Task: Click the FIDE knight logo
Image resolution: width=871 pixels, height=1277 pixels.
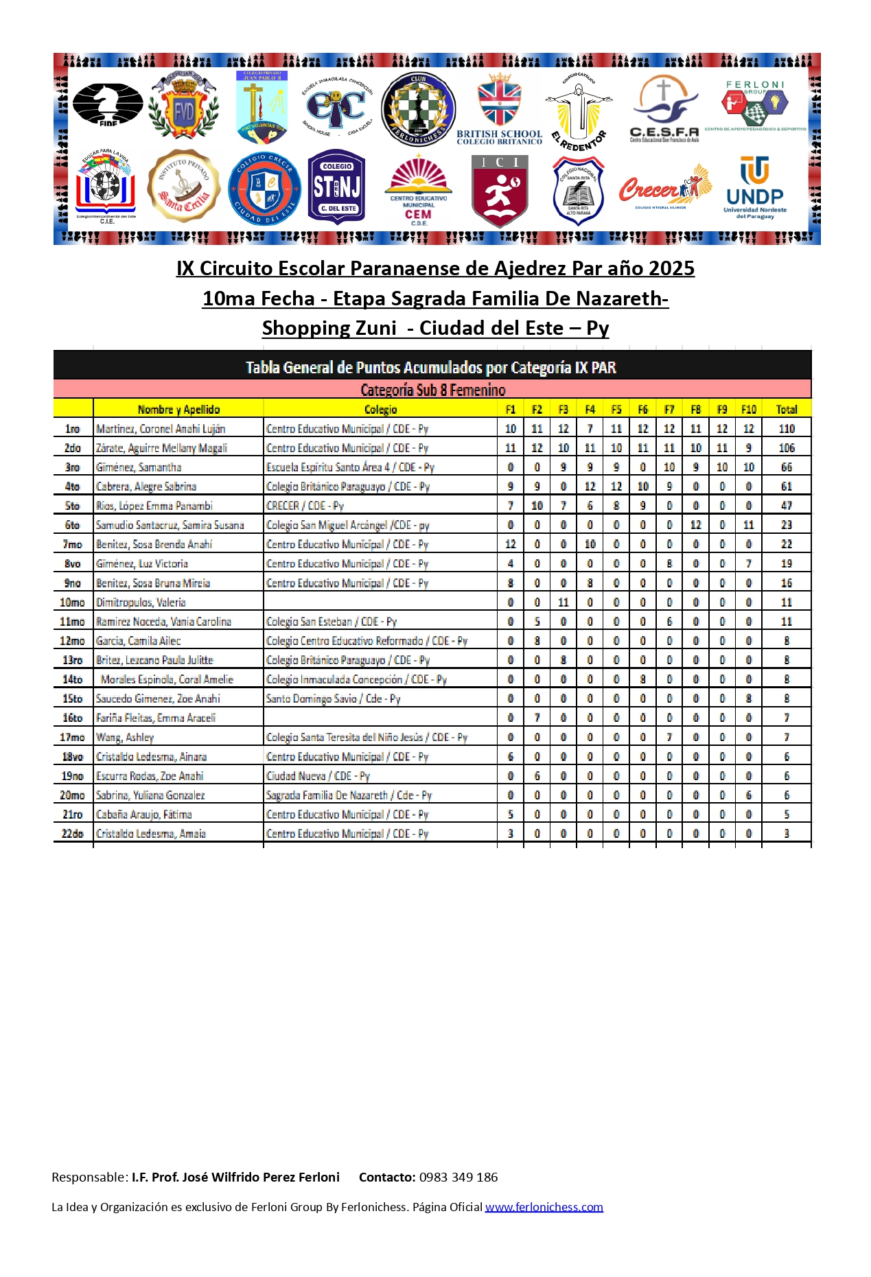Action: coord(108,104)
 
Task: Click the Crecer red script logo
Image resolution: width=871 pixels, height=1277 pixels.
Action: coord(664,187)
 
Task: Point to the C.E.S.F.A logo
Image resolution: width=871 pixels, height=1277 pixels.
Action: coord(664,109)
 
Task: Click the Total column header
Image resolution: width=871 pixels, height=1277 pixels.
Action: coord(787,410)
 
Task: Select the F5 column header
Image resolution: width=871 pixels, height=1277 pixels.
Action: coord(616,410)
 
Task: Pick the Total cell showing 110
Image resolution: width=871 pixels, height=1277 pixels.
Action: coord(787,429)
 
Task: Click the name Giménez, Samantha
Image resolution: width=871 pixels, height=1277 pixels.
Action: coord(139,467)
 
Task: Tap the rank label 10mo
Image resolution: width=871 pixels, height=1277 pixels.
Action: coord(72,602)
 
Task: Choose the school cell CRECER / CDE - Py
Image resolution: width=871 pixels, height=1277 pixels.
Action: coord(305,506)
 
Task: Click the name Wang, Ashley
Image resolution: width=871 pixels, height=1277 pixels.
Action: coord(125,738)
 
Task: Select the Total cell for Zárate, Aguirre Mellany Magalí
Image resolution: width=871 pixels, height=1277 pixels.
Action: coord(787,448)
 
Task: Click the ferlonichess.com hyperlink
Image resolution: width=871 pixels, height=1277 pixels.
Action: coord(544,1207)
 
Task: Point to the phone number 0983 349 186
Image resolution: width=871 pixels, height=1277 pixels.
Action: coord(458,1178)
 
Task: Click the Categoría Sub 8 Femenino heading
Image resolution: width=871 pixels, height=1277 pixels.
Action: coord(433,390)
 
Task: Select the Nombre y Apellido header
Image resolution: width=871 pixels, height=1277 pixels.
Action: coord(178,410)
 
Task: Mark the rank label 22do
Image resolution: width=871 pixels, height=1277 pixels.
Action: coord(72,834)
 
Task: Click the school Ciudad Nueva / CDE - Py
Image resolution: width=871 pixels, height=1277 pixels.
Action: coord(318,776)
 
